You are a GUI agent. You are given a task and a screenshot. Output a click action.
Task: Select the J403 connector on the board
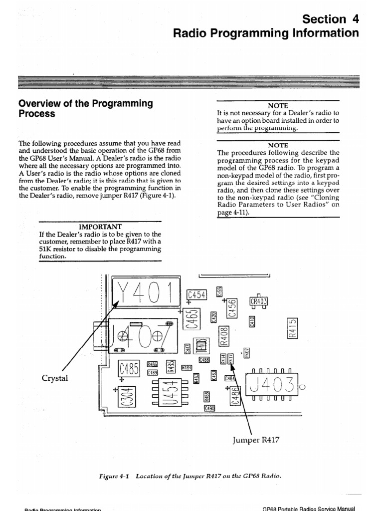tap(267, 385)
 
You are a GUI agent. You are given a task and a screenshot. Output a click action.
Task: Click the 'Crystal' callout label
tap(55, 378)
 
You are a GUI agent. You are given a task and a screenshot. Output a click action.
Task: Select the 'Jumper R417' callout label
tap(256, 440)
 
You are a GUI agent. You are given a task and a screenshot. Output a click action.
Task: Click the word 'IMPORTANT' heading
tap(100, 226)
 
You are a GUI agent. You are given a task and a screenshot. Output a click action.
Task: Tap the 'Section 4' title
tap(331, 19)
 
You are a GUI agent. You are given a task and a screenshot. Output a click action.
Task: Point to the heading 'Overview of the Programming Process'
tap(85, 108)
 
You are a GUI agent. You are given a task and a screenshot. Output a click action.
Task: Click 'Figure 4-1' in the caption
tap(114, 476)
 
